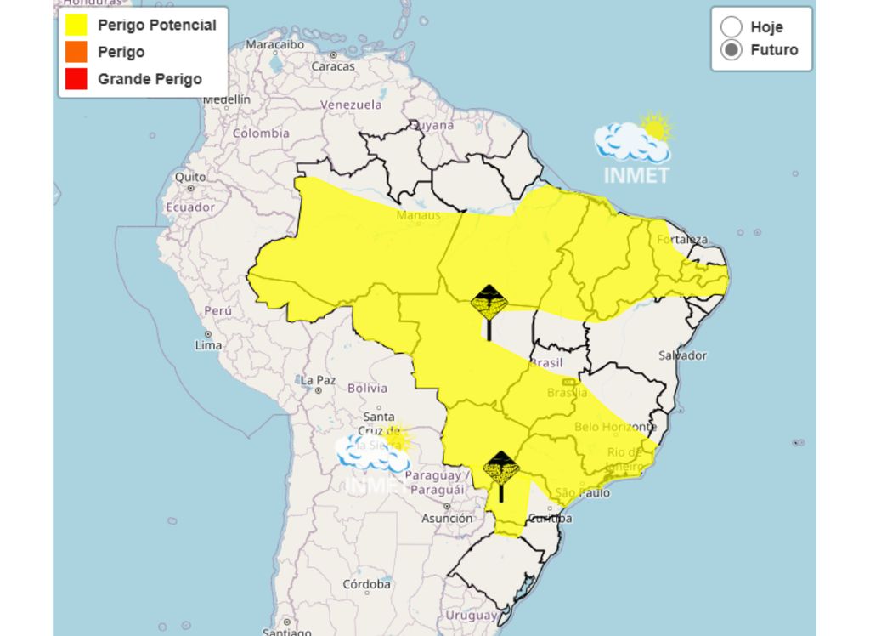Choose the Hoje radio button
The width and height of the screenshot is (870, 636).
click(731, 27)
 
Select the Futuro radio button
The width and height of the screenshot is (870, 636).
click(731, 50)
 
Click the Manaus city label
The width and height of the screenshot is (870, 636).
click(418, 215)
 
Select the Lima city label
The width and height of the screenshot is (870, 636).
click(208, 345)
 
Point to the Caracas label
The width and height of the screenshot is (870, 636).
click(332, 65)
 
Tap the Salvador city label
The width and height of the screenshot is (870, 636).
click(682, 355)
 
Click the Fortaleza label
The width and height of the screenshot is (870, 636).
click(681, 239)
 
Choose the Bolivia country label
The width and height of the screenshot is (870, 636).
click(367, 389)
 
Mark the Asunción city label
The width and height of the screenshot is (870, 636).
click(447, 518)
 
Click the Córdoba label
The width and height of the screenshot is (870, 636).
click(367, 585)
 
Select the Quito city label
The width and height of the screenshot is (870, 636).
click(190, 177)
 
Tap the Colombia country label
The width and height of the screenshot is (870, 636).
click(261, 133)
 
